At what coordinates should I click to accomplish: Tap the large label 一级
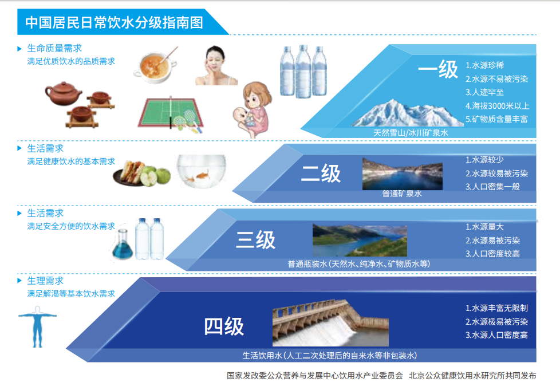click(438, 70)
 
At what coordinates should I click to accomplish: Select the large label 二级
click(321, 174)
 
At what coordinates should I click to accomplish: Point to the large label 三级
click(255, 240)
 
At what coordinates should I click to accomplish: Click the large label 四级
click(224, 326)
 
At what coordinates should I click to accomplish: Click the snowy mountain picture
click(400, 113)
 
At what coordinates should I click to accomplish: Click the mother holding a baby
click(254, 111)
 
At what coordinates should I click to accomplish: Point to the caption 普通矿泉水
click(401, 194)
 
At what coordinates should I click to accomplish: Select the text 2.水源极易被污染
click(496, 322)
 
